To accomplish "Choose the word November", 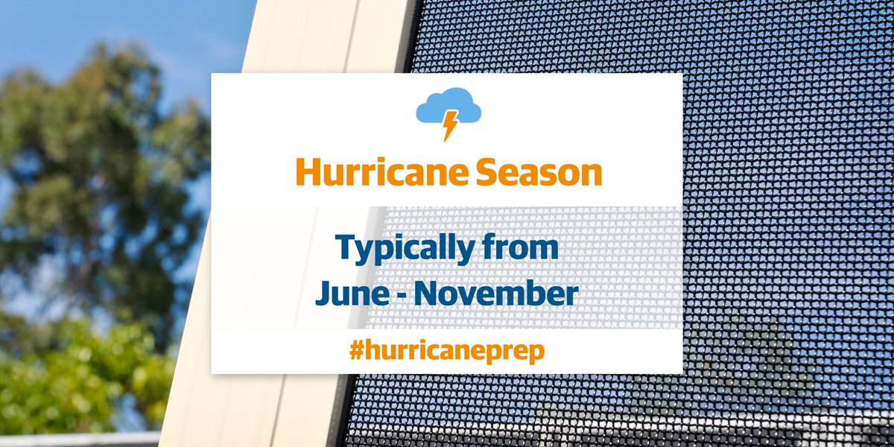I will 496,293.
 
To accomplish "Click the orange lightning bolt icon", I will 450,124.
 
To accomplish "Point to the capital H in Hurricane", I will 306,173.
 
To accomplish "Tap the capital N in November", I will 427,293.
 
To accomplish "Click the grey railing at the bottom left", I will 74,440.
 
